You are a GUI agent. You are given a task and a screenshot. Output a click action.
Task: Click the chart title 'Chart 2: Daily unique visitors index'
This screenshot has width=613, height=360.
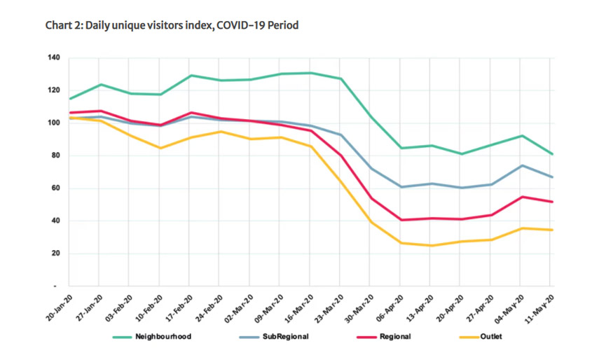pos(172,26)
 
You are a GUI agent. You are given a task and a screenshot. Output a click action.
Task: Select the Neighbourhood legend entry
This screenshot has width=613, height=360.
pos(161,337)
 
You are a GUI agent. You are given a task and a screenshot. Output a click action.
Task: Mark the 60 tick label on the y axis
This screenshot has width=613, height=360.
pos(55,188)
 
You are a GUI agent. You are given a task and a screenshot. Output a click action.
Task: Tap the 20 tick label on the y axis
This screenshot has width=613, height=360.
pos(55,254)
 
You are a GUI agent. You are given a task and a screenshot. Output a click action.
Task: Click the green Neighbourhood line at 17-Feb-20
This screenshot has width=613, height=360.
pos(191,76)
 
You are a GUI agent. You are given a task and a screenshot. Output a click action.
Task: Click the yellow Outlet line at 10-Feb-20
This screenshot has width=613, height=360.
pos(161,148)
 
